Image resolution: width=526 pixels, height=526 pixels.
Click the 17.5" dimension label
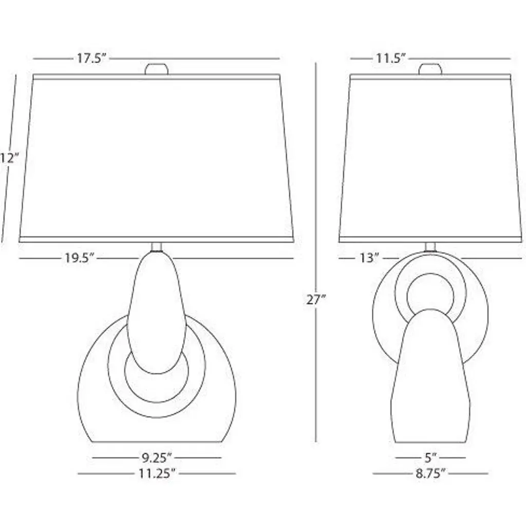pyautogui.click(x=91, y=59)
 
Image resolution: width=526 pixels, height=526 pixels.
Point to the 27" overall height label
pyautogui.click(x=316, y=299)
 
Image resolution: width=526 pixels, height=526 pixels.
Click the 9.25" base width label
pyautogui.click(x=156, y=458)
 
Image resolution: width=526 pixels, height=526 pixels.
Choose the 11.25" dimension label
pyautogui.click(x=157, y=474)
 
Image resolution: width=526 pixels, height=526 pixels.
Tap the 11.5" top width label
pyautogui.click(x=390, y=59)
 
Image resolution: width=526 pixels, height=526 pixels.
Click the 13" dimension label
pyautogui.click(x=369, y=258)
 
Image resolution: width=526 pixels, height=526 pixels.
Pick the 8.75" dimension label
pyautogui.click(x=431, y=474)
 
